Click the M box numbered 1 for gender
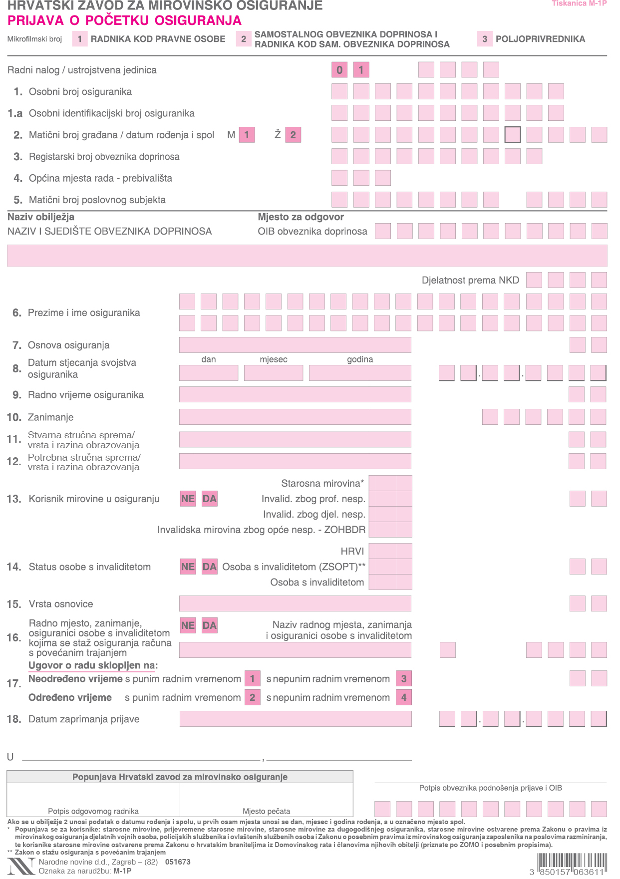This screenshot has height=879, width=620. pyautogui.click(x=247, y=135)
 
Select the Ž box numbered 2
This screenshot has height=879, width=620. pyautogui.click(x=293, y=135)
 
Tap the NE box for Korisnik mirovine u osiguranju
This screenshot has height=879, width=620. pyautogui.click(x=188, y=499)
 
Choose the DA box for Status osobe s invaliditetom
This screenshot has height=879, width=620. pyautogui.click(x=210, y=567)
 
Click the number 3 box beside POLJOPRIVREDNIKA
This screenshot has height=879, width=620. pyautogui.click(x=485, y=39)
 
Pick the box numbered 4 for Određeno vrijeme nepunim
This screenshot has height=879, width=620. pyautogui.click(x=404, y=697)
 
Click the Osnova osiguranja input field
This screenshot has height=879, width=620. pyautogui.click(x=295, y=345)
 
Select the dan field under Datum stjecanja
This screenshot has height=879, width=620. pyautogui.click(x=209, y=373)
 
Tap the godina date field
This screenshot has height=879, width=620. pyautogui.click(x=360, y=373)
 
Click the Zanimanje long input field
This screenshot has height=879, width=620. pyautogui.click(x=295, y=417)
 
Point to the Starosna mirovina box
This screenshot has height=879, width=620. pyautogui.click(x=390, y=483)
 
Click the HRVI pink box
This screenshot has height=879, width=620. pyautogui.click(x=390, y=551)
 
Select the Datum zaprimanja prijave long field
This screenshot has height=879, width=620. pyautogui.click(x=296, y=719)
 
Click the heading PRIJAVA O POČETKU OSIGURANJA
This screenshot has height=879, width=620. pyautogui.click(x=125, y=20)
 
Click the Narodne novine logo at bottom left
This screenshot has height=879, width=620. pyautogui.click(x=21, y=866)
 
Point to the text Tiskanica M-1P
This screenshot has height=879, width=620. pyautogui.click(x=579, y=3)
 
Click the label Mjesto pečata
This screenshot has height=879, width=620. pyautogui.click(x=266, y=811)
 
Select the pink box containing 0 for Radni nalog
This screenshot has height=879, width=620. pyautogui.click(x=339, y=70)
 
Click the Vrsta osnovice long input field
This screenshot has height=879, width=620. pyautogui.click(x=295, y=603)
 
